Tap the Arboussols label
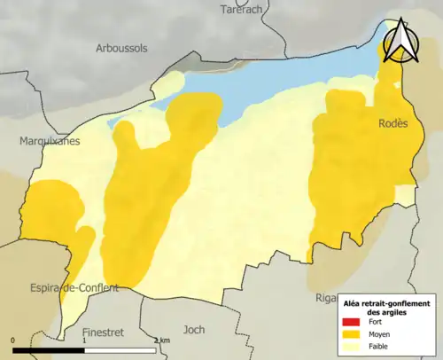pyautogui.click(x=122, y=48)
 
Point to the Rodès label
pyautogui.click(x=392, y=124)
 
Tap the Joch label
pyautogui.click(x=193, y=329)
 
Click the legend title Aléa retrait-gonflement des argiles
pyautogui.click(x=386, y=307)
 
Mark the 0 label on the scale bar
pyautogui.click(x=14, y=340)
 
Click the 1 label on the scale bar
pyautogui.click(x=84, y=340)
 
